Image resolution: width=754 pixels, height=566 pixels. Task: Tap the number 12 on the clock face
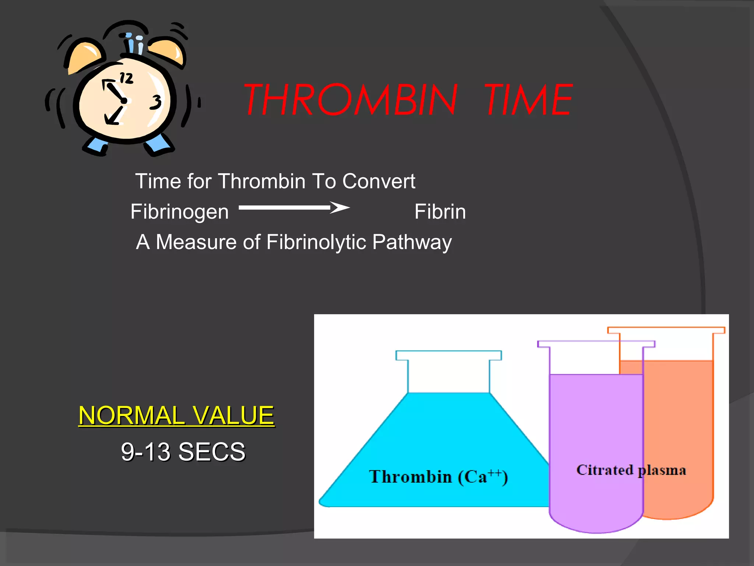pos(126,78)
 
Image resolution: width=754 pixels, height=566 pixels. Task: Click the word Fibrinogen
pos(180,212)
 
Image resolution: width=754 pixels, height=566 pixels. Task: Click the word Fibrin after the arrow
pos(440,212)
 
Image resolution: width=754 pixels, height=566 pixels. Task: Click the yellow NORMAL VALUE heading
pos(176,415)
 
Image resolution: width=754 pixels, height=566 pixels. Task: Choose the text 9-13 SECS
pos(183,452)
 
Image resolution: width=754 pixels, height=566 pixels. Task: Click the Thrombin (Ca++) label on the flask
pos(438,477)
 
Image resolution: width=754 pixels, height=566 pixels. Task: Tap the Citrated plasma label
pos(631,470)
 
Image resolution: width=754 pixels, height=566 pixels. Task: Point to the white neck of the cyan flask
pos(448,376)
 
